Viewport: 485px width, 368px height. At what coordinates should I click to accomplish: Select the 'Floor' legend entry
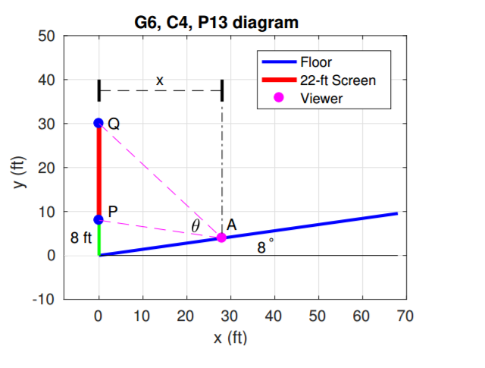[x=316, y=62]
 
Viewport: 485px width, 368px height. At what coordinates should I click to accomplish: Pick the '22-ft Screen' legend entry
[x=338, y=80]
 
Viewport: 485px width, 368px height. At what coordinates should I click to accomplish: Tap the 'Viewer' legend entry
[x=321, y=97]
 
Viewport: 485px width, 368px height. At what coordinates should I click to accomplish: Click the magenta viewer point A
[x=221, y=237]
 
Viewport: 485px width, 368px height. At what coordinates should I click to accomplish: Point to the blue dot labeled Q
[x=99, y=123]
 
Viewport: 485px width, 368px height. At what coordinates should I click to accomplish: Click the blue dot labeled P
[x=99, y=219]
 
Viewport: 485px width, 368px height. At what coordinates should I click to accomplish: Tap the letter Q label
[x=114, y=124]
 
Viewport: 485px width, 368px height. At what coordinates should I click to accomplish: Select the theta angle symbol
[x=196, y=226]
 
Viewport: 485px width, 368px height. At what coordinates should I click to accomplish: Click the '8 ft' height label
[x=81, y=237]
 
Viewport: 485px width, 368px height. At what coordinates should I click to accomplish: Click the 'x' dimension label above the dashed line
[x=159, y=80]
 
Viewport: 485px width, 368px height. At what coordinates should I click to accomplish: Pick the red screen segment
[x=99, y=171]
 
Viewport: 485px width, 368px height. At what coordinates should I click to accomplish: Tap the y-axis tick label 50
[x=48, y=36]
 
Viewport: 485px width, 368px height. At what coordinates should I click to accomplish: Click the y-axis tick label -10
[x=45, y=300]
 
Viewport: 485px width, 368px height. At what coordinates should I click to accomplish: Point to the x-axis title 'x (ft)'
[x=230, y=338]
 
